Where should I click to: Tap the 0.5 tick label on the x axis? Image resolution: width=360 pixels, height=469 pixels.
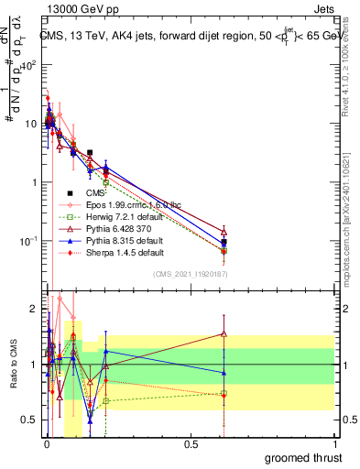coord(191,443)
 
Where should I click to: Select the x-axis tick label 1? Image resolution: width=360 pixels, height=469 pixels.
coord(335,443)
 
